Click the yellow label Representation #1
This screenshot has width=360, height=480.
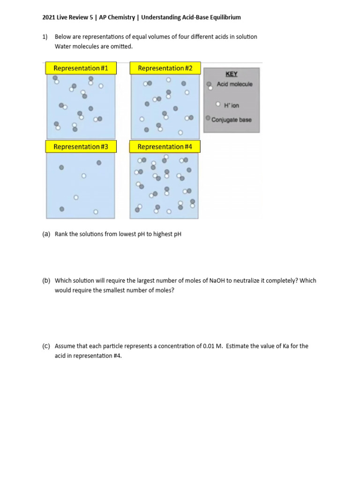81,68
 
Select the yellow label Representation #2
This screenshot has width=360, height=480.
165,68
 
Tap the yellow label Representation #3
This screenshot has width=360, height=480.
81,147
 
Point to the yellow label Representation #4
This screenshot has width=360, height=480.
165,147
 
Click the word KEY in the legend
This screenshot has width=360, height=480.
232,74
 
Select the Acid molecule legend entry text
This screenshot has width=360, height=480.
234,84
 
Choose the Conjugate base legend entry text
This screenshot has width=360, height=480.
232,120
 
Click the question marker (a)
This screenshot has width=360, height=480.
46,234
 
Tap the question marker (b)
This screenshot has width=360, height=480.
46,281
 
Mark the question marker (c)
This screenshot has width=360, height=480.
46,346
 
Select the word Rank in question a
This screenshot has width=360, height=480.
62,234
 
